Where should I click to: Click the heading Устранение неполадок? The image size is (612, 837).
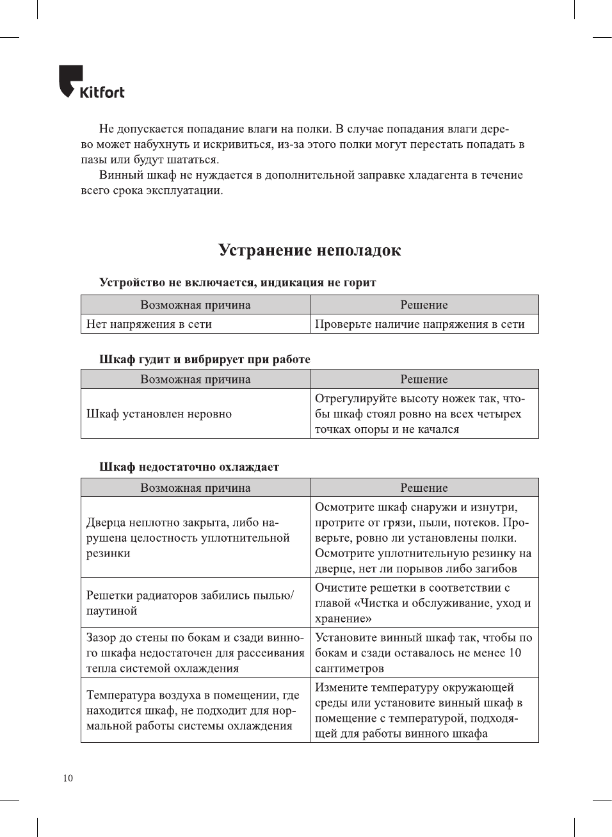coord(310,250)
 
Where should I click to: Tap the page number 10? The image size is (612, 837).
coord(68,778)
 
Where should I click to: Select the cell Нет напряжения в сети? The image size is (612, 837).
coord(149,324)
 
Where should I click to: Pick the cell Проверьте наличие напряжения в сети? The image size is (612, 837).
coord(419,324)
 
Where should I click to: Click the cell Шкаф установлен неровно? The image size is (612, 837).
coord(159,414)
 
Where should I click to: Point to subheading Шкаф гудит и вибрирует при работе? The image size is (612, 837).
coord(204,359)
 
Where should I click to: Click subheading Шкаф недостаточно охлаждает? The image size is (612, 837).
coord(189,467)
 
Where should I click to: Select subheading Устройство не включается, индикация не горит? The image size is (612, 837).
coord(238,282)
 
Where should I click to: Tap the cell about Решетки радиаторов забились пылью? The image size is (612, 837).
coord(190,603)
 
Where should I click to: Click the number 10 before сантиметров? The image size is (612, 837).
coord(515,653)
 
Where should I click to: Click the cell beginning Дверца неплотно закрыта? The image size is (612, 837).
coord(188,538)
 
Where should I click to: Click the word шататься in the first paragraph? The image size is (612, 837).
coord(194,159)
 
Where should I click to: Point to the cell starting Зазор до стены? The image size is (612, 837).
coord(195,653)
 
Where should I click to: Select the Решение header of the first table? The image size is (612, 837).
coord(424,305)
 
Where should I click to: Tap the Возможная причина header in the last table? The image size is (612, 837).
coord(195,488)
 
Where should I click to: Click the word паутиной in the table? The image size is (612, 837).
coord(112,611)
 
